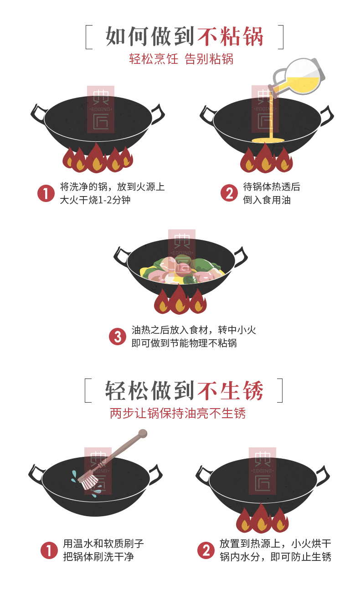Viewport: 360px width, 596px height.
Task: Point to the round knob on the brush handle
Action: coord(143,433)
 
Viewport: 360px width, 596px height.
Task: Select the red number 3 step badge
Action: coord(117,337)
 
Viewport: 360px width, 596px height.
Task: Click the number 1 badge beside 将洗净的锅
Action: coord(46,193)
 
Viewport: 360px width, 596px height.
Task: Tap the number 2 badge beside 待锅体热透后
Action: coord(229,193)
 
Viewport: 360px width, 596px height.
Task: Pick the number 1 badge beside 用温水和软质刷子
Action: coord(49,550)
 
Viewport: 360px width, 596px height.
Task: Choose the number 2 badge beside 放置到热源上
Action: coord(206,550)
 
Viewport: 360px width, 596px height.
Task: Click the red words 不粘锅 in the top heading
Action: coord(230,36)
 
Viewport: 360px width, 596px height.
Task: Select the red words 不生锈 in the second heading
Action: coord(230,391)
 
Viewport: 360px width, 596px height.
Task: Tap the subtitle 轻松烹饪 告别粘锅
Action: coord(181,59)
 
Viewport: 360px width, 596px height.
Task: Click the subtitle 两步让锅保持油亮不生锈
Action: coord(178,413)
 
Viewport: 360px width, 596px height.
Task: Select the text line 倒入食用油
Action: coord(267,200)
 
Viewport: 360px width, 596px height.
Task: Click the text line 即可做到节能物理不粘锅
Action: coord(184,343)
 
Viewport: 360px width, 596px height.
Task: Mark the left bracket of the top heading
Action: coord(89,37)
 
